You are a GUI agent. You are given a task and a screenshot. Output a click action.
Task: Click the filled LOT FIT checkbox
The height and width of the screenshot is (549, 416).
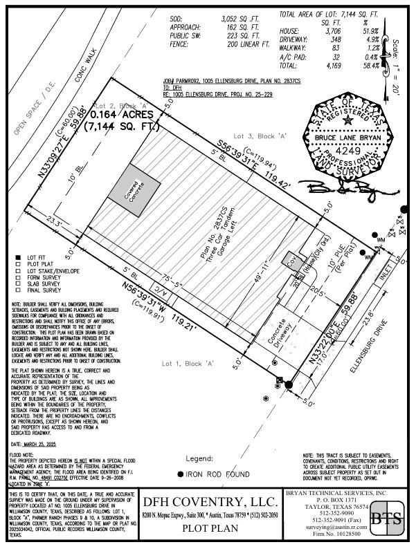pyautogui.click(x=17, y=257)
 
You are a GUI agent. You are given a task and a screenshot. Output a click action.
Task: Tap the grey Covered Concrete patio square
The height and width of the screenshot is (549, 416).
pyautogui.click(x=134, y=185)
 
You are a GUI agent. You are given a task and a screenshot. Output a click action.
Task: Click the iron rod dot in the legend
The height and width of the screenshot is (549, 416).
pyautogui.click(x=181, y=474)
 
